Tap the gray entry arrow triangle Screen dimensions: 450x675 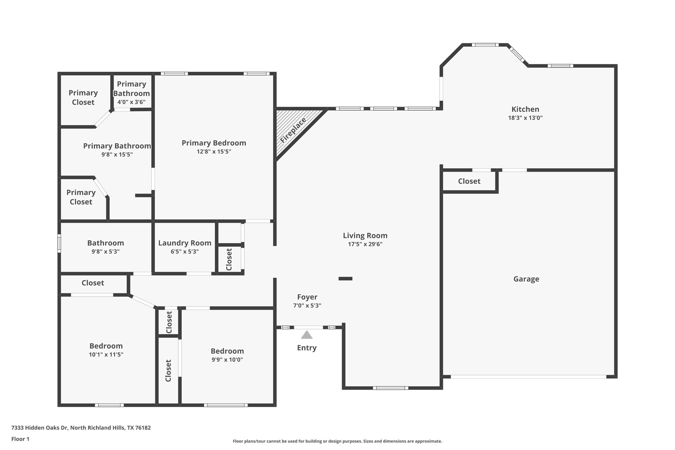(306, 335)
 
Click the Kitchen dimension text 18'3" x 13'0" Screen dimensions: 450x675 (525, 118)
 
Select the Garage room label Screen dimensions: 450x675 (526, 279)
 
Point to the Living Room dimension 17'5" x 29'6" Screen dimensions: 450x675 (365, 244)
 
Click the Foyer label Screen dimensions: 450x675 (307, 297)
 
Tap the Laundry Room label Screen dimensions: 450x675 (185, 243)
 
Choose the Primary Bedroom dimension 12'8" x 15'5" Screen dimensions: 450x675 (214, 152)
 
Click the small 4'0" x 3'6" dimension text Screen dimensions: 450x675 (131, 102)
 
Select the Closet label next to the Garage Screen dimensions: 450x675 (469, 181)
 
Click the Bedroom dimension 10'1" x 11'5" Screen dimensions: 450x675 (106, 355)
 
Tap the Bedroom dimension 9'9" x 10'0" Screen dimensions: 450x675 (227, 360)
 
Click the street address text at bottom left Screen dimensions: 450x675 (81, 428)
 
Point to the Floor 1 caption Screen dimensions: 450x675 (20, 439)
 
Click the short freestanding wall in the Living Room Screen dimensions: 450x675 (345, 279)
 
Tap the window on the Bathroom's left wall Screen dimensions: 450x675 (59, 243)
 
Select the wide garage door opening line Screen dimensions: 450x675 (528, 377)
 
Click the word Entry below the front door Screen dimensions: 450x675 (306, 348)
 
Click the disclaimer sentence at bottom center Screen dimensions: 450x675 (337, 441)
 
